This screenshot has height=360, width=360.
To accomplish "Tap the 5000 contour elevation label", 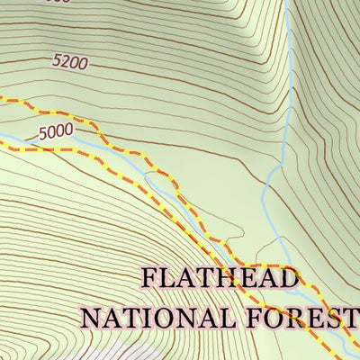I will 56,131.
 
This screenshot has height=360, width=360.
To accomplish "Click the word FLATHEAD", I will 219,279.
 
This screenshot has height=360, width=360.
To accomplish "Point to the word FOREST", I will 301,317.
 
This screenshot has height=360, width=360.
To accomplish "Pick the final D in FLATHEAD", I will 287,279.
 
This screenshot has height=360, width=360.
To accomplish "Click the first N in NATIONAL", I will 91,317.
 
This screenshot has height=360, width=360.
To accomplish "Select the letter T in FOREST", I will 349,317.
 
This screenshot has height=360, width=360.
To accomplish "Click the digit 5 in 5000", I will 44,134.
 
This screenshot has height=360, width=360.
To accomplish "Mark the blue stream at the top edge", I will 286,5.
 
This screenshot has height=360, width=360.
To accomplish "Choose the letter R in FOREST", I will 293,317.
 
